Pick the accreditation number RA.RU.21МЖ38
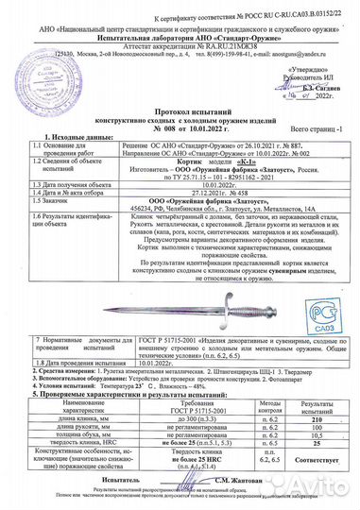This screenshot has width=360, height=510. [x=198, y=45]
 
